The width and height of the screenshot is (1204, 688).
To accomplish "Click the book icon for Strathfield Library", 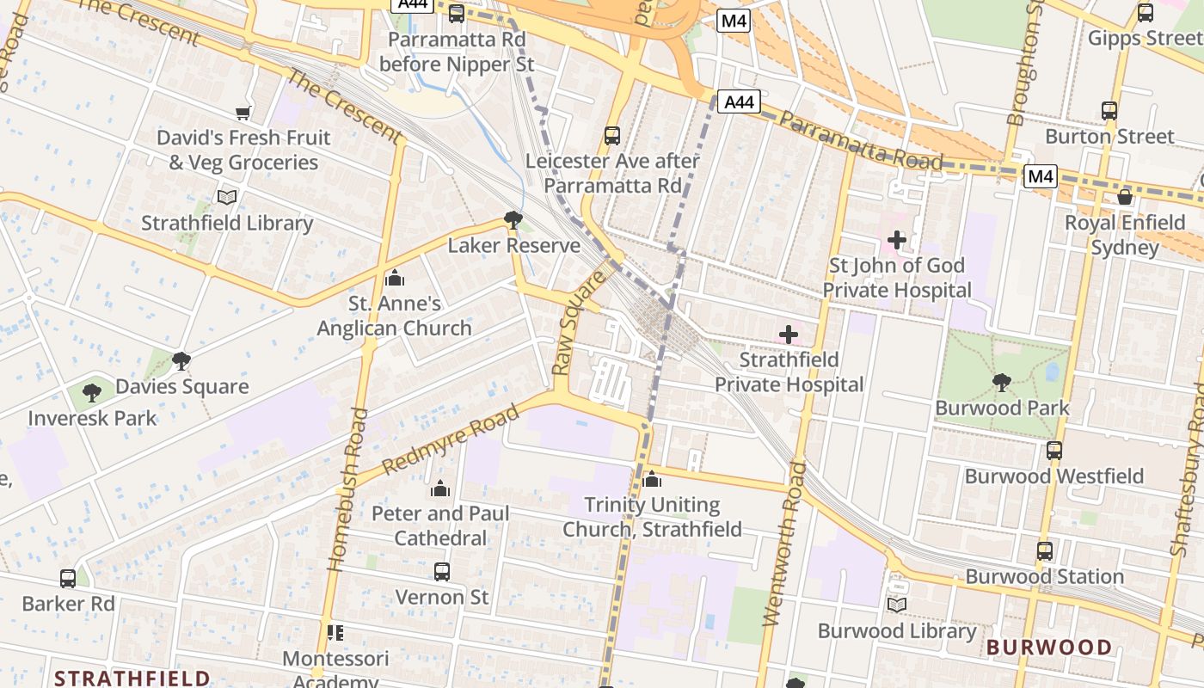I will pyautogui.click(x=227, y=198).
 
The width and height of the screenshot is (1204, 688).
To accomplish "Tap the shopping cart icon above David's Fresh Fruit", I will pyautogui.click(x=243, y=113).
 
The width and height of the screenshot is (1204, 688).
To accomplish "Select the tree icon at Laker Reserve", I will pyautogui.click(x=513, y=220).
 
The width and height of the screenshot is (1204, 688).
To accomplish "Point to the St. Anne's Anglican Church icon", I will pyautogui.click(x=395, y=278).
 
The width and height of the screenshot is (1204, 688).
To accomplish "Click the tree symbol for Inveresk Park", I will pyautogui.click(x=92, y=393).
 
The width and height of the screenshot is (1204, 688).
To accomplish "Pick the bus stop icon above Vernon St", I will pyautogui.click(x=441, y=572).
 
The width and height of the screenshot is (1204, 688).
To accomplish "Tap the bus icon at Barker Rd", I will pyautogui.click(x=68, y=579).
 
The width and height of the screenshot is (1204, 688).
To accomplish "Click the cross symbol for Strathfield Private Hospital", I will pyautogui.click(x=788, y=335).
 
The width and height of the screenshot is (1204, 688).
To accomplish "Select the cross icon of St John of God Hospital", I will pyautogui.click(x=896, y=240).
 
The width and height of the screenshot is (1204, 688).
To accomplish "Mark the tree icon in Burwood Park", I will pyautogui.click(x=1001, y=383).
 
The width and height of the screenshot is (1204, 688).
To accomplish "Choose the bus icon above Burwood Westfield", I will pyautogui.click(x=1053, y=451).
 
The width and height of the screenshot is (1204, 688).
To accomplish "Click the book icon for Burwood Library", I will pyautogui.click(x=896, y=605).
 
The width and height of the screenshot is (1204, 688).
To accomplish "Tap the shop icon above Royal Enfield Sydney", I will pyautogui.click(x=1124, y=197).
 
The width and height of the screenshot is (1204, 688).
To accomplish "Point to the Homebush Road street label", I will pyautogui.click(x=349, y=490).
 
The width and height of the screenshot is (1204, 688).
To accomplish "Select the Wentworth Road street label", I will pyautogui.click(x=783, y=544).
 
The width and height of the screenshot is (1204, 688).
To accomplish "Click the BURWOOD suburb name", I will pyautogui.click(x=1048, y=648).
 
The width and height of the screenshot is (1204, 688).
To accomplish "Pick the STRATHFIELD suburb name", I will pyautogui.click(x=132, y=678).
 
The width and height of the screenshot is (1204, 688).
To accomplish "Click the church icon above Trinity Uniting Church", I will pyautogui.click(x=652, y=479).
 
